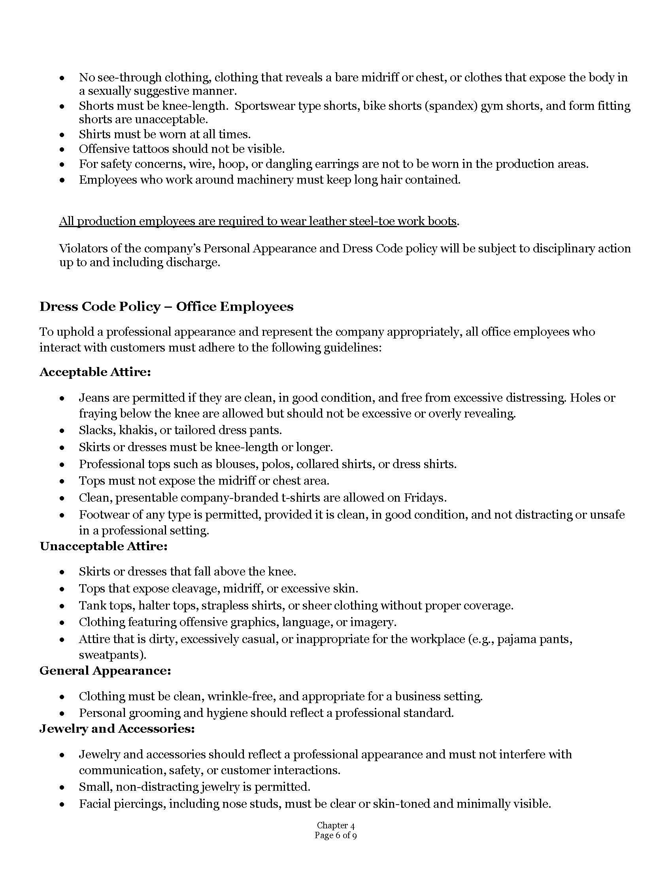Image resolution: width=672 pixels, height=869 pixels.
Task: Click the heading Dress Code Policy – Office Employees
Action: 166,307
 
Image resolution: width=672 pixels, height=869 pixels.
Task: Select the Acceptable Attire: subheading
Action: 95,372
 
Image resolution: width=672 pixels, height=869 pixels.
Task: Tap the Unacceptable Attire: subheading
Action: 104,546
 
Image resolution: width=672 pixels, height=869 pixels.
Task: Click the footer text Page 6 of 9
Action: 336,835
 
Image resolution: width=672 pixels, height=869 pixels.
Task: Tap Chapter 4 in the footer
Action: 336,826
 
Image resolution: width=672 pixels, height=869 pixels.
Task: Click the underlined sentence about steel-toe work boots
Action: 258,221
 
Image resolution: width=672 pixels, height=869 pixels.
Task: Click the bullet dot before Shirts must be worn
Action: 62,135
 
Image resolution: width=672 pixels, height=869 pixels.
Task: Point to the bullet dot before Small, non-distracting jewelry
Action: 62,787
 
